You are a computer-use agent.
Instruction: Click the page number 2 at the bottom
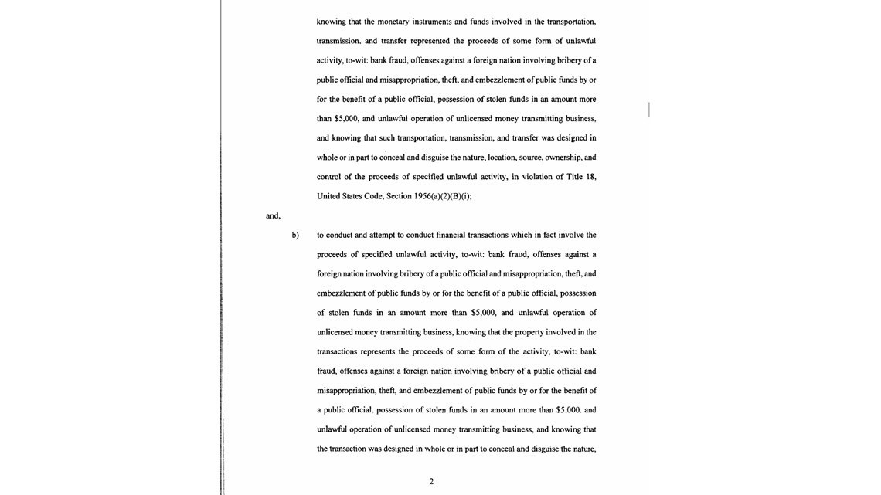coord(431,482)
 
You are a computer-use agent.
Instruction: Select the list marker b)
coord(295,236)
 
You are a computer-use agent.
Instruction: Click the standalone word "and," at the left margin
coord(273,215)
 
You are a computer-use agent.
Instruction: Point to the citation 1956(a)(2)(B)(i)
coord(442,196)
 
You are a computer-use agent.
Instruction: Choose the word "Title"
coord(574,177)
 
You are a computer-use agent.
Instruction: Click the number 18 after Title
coord(591,177)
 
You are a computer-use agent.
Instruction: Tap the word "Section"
coord(398,196)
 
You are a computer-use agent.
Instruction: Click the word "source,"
coord(530,158)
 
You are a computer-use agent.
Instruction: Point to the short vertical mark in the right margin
coord(649,110)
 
